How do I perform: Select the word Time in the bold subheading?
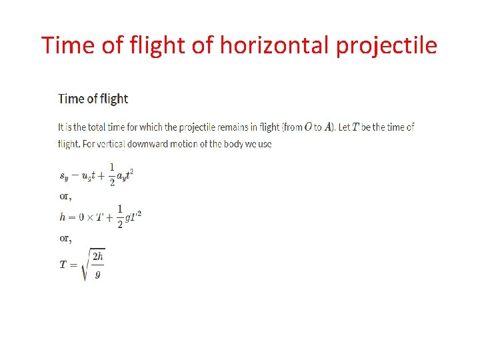71,99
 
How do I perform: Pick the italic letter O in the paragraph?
308,127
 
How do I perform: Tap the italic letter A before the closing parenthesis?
328,127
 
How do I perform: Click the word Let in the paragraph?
345,127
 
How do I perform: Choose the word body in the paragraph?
257,143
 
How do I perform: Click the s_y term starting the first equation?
63,177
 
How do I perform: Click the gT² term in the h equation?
133,217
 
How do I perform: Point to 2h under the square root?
97,257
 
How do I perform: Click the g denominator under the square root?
97,273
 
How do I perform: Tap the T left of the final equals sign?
63,265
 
